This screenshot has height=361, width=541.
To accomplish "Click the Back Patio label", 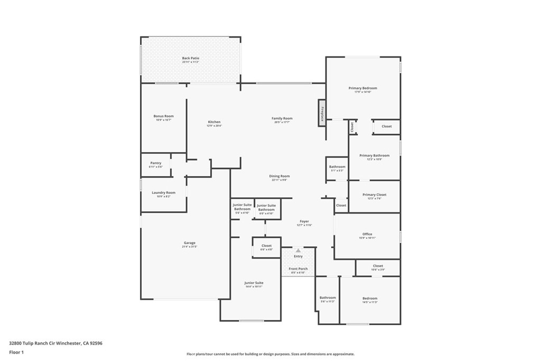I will coord(190,58).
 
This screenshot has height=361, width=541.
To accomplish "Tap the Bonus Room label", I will coord(163,116).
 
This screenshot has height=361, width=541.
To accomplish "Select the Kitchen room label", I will coord(214,122).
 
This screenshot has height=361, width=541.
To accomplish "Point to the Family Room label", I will coord(282,119).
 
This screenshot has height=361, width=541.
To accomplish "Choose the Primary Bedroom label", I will coord(362,88).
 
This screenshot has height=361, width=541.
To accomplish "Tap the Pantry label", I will coord(155,163).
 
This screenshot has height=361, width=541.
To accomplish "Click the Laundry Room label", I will coord(163,193).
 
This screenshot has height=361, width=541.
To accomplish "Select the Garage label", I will coord(190,243).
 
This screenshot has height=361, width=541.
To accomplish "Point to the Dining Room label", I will coord(279,177).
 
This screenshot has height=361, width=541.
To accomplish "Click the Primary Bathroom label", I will coord(374,156).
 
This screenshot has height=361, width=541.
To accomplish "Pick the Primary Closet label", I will coord(374,195).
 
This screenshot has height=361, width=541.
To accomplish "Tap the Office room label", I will coord(367,234).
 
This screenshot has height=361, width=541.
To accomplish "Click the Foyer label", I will coord(304,221).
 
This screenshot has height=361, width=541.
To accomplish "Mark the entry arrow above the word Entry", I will coord(298,250).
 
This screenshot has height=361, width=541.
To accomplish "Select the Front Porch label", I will coord(298,269).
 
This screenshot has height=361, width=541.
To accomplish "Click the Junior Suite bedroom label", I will coord(254,283).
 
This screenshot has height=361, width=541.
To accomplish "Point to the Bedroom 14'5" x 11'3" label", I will coord(370,299).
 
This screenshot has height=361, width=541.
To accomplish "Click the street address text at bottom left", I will coord(55,343).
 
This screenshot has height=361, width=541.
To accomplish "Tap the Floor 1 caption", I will coord(16,352).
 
